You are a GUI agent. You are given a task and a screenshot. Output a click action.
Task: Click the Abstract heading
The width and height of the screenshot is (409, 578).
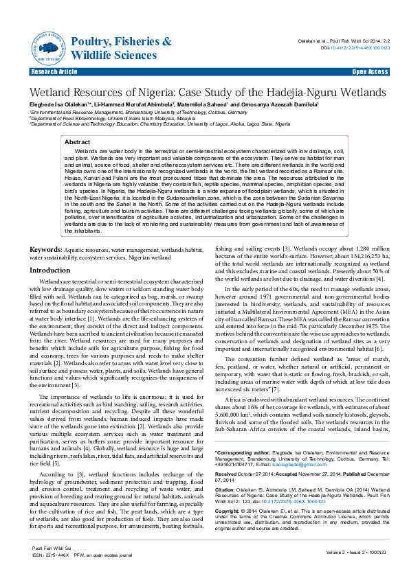tap(77, 141)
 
